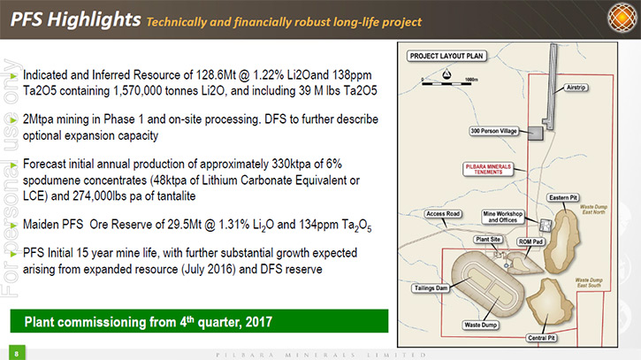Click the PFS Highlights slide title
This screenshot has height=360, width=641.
pos(76,19)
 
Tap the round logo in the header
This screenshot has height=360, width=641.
pos(622,18)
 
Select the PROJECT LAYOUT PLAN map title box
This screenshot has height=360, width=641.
pos(446,56)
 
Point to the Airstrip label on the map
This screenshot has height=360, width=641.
pos(576,88)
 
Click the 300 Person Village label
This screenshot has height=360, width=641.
pos(494,131)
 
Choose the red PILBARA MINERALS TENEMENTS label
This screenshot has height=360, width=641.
pos(488,169)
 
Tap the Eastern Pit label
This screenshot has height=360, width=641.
pos(563,197)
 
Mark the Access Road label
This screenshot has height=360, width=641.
pos(443,213)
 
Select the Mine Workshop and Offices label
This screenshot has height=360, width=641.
pos(502,217)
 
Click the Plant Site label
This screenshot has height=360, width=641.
pos(488,240)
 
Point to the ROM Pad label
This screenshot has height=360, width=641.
pos(530,241)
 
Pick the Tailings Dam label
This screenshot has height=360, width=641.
pos(431,288)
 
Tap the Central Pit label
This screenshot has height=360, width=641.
pos(541,338)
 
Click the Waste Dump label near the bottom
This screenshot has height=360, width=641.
pos(480,325)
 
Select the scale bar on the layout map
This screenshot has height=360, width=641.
pos(446,83)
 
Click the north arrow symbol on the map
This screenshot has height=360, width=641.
pos(446,74)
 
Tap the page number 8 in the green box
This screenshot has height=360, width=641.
pos(17,354)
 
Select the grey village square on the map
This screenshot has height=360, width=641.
pos(535,134)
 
